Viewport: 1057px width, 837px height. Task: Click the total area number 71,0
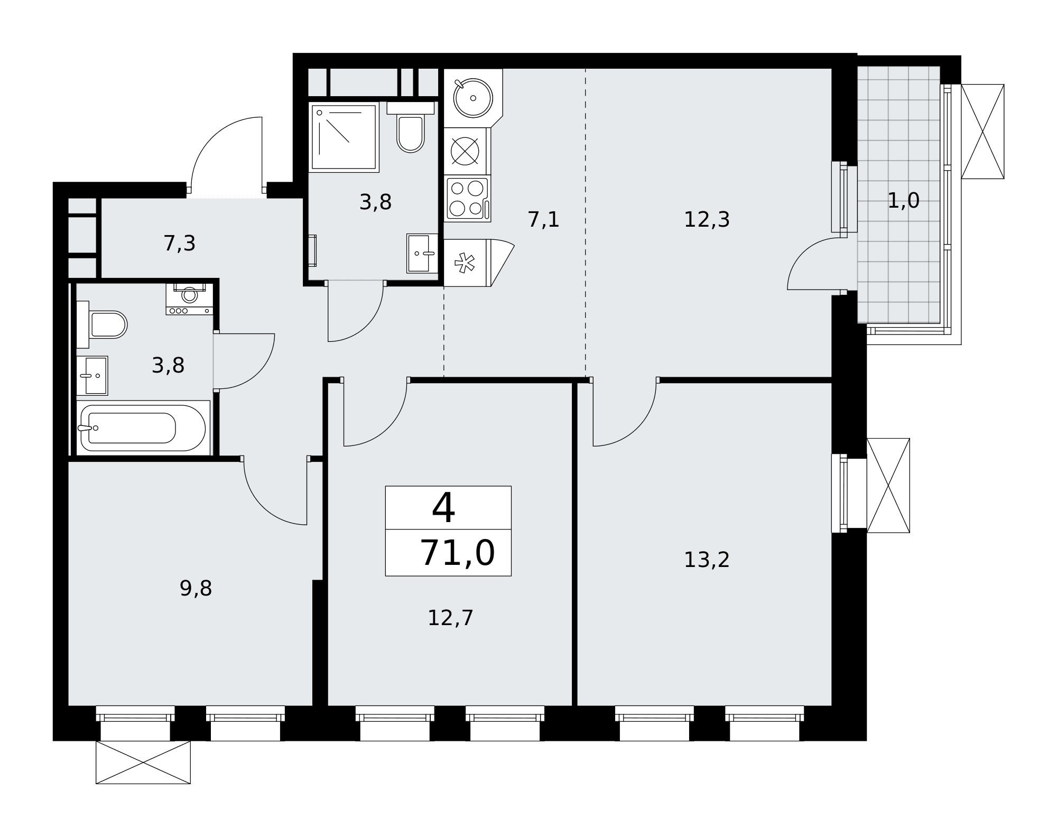[x=457, y=553]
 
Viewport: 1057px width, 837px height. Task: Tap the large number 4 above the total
[x=443, y=508]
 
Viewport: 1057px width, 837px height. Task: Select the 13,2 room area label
[x=707, y=560]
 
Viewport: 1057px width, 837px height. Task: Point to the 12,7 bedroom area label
[x=450, y=618]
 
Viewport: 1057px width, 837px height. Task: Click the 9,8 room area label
[x=196, y=588]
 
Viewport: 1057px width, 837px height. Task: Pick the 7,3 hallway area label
[x=180, y=244]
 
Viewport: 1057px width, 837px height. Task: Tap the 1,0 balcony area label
[x=903, y=201]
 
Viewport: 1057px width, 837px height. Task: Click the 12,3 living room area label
[x=707, y=220]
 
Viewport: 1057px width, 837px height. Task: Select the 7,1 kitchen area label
[x=543, y=220]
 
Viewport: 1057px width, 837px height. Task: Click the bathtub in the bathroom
[x=143, y=427]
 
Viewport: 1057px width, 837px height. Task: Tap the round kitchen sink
[x=472, y=98]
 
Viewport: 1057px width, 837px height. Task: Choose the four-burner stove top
[x=467, y=198]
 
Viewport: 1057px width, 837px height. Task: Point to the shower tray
[x=344, y=137]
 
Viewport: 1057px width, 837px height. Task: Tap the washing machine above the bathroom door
[x=190, y=299]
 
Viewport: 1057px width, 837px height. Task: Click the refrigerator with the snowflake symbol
[x=465, y=263]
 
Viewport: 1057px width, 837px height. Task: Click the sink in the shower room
[x=422, y=254]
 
